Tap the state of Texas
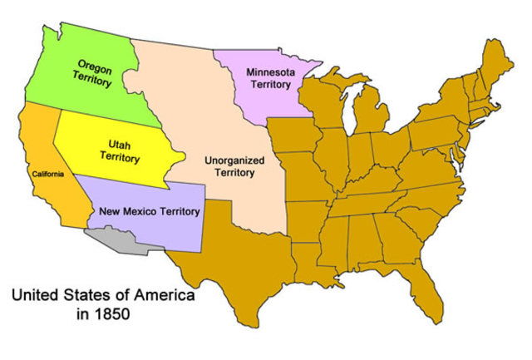(x=241, y=249)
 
